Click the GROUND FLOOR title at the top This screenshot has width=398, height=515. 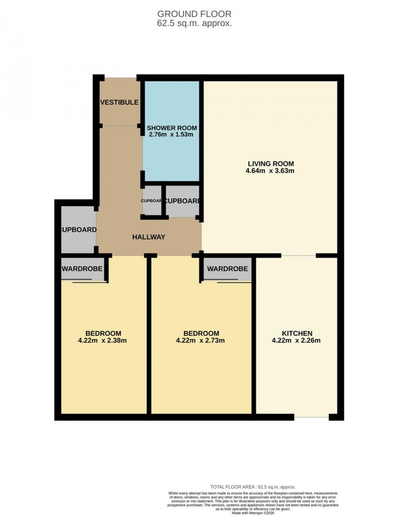tap(195, 15)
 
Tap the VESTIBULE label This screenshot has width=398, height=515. tap(119, 102)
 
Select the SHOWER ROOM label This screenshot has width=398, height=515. tap(172, 128)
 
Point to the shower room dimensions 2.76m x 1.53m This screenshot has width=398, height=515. tap(171, 135)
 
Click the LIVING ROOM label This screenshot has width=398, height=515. tap(271, 164)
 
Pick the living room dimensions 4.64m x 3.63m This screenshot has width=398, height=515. tap(270, 171)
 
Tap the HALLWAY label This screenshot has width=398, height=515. tap(149, 237)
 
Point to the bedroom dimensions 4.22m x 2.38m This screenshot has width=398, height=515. tap(102, 341)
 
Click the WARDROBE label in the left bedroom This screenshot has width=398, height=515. tap(82, 268)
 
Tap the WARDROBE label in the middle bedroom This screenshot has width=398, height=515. tap(227, 268)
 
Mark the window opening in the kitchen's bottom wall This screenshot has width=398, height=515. tap(311, 417)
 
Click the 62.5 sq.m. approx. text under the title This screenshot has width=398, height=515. tap(195, 24)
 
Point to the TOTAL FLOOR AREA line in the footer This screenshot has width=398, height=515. tap(253, 487)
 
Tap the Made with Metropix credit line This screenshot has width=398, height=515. tap(253, 510)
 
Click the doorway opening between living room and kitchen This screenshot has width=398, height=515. tap(298, 255)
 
